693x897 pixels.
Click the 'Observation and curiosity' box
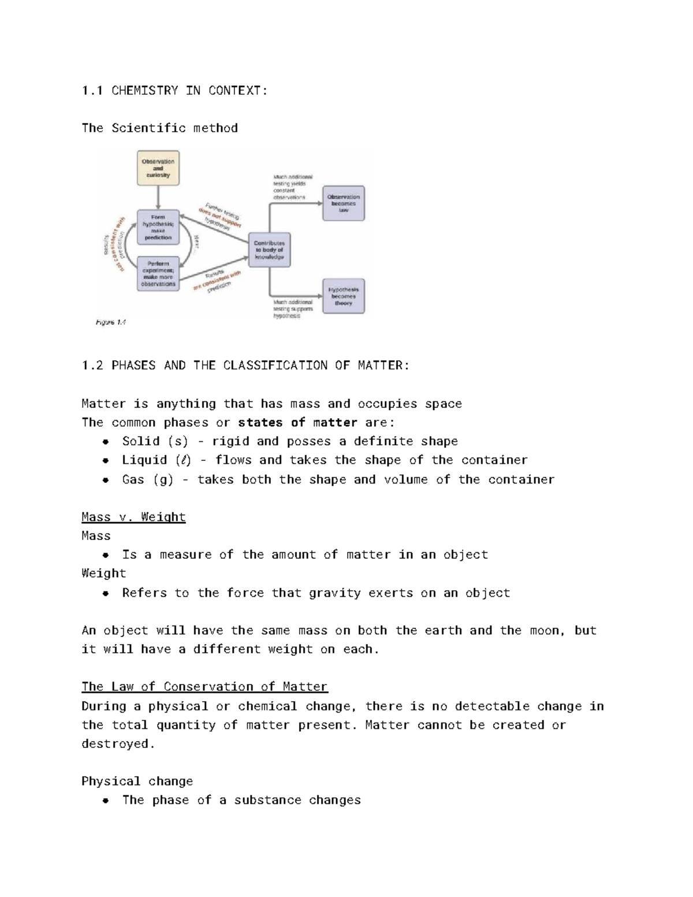(158, 168)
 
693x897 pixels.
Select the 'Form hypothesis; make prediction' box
(158, 227)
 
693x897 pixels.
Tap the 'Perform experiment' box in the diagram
(158, 274)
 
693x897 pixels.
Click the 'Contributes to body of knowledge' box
(269, 250)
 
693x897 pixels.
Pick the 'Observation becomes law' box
(344, 203)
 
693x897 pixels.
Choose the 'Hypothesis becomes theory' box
(344, 296)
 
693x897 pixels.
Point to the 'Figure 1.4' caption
(111, 322)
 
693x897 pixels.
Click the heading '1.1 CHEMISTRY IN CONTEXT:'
(174, 91)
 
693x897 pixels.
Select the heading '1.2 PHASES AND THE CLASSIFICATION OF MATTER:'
(245, 366)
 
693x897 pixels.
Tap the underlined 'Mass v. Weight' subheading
(133, 517)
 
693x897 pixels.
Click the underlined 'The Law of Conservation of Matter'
(204, 687)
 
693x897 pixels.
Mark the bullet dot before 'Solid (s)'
(106, 442)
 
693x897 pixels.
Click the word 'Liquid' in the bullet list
(144, 460)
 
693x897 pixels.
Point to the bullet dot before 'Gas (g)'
(106, 481)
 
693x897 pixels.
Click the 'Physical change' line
(137, 781)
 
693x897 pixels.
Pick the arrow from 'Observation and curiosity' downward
(158, 198)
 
